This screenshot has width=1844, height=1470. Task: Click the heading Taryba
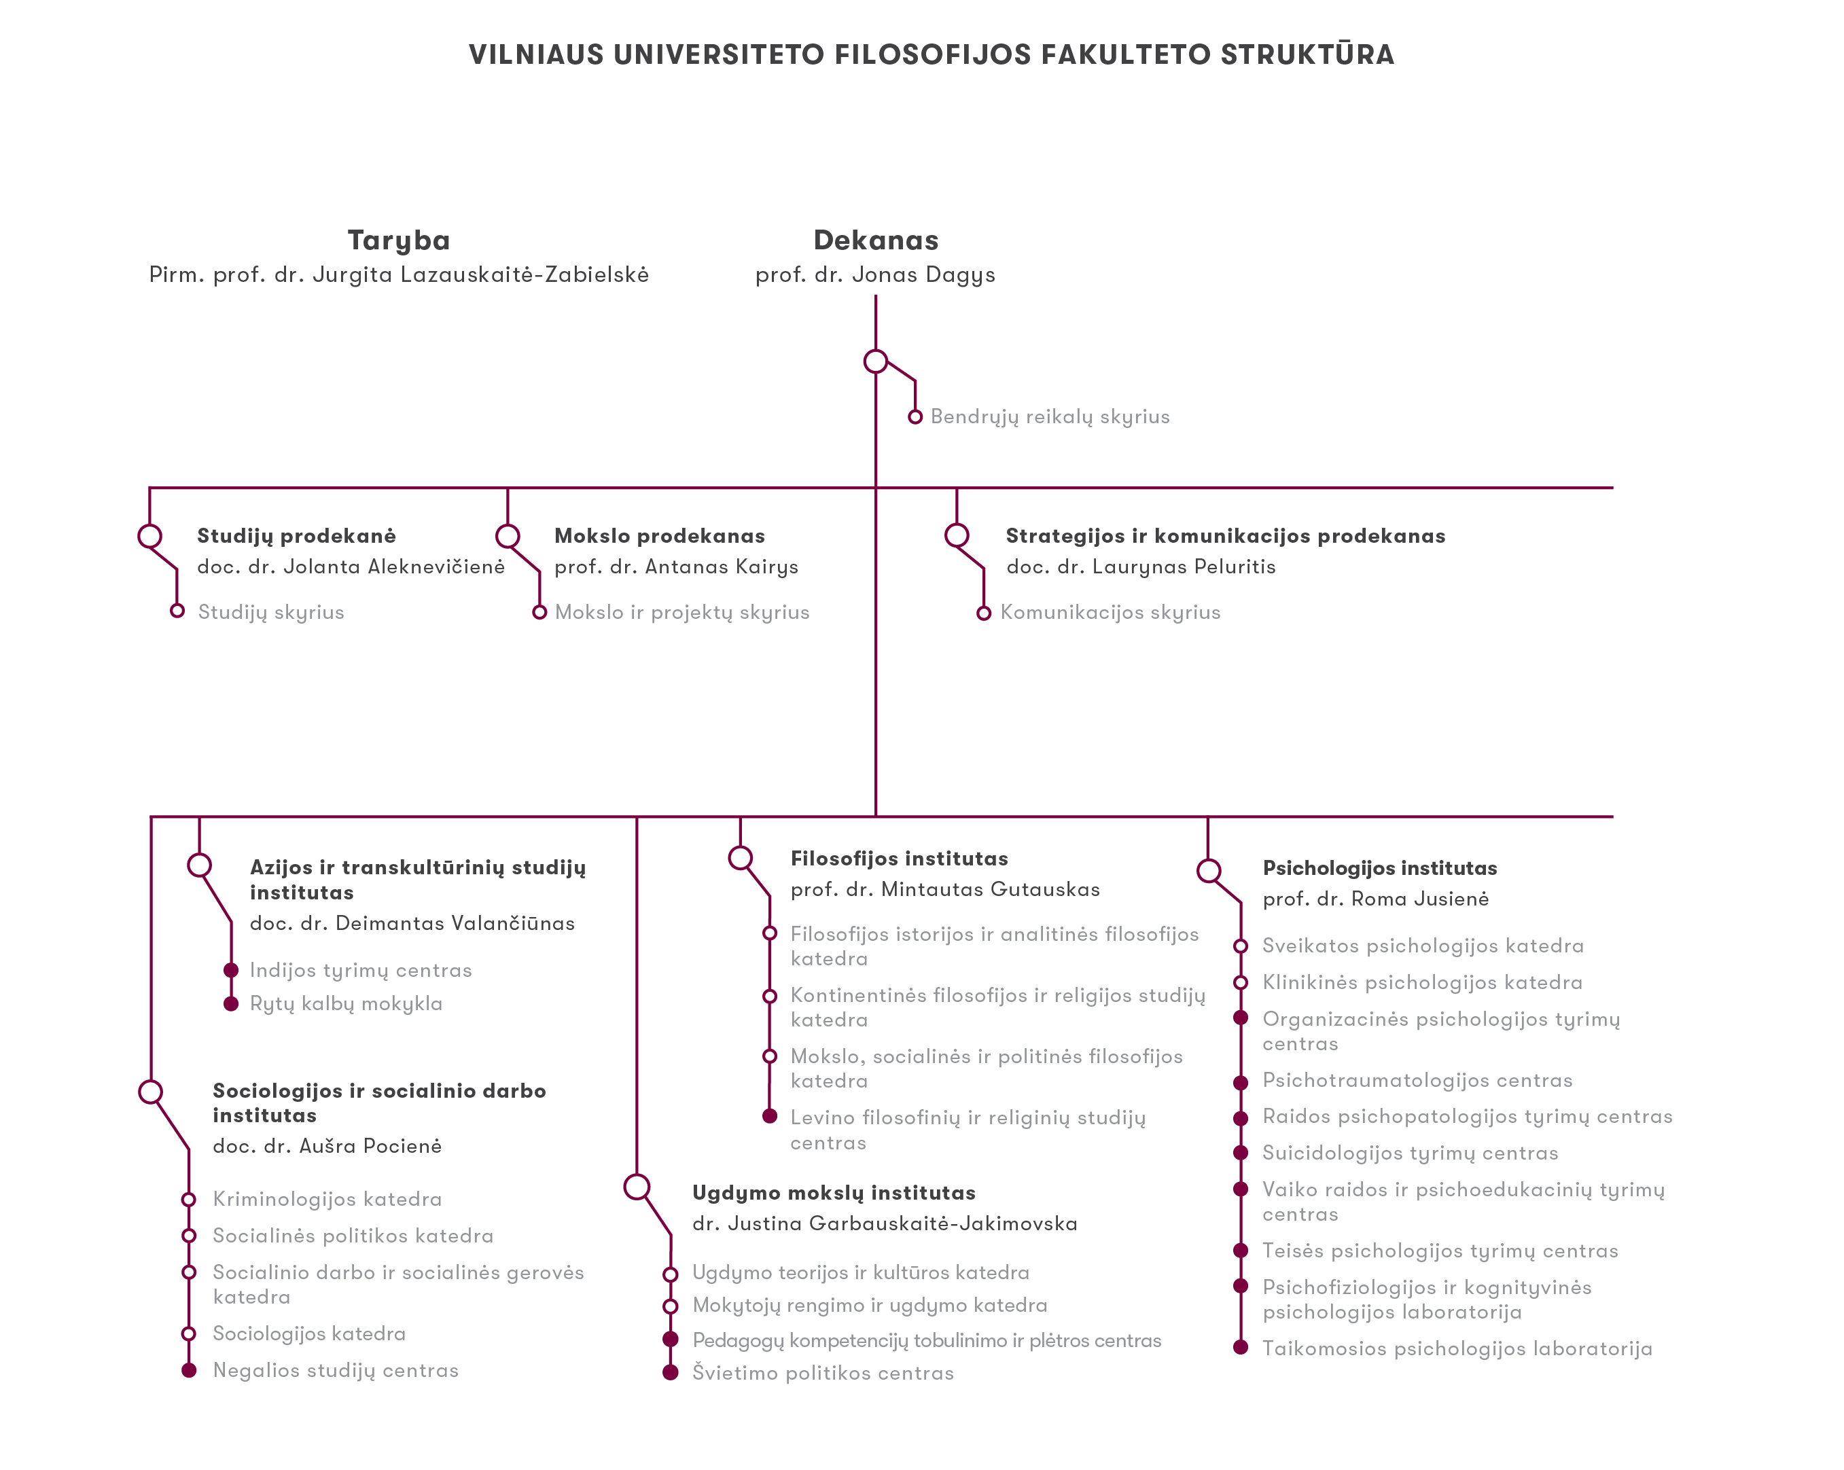pyautogui.click(x=399, y=241)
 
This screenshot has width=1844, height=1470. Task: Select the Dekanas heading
pyautogui.click(x=876, y=240)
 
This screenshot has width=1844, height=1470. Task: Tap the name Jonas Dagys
pyautogui.click(x=924, y=275)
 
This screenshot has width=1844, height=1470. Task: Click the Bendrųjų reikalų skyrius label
pyautogui.click(x=1050, y=417)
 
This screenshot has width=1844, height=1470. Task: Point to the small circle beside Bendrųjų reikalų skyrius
pyautogui.click(x=915, y=417)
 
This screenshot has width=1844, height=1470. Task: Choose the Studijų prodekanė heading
pyautogui.click(x=297, y=536)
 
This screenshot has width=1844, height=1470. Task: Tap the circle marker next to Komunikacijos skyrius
pyautogui.click(x=984, y=613)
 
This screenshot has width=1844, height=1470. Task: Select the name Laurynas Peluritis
pyautogui.click(x=1184, y=567)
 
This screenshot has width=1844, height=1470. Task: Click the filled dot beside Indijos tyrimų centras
pyautogui.click(x=231, y=970)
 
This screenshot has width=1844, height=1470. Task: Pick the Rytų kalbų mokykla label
pyautogui.click(x=347, y=1004)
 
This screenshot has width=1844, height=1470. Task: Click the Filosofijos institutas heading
pyautogui.click(x=900, y=859)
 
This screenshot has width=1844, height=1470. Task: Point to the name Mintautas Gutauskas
pyautogui.click(x=991, y=889)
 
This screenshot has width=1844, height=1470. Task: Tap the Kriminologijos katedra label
pyautogui.click(x=327, y=1200)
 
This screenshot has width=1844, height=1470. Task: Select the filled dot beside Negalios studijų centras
pyautogui.click(x=189, y=1371)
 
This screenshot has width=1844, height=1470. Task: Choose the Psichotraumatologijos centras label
pyautogui.click(x=1418, y=1081)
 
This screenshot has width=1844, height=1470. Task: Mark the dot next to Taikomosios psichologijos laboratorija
pyautogui.click(x=1240, y=1348)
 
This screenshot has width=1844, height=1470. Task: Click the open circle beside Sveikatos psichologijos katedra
pyautogui.click(x=1240, y=946)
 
